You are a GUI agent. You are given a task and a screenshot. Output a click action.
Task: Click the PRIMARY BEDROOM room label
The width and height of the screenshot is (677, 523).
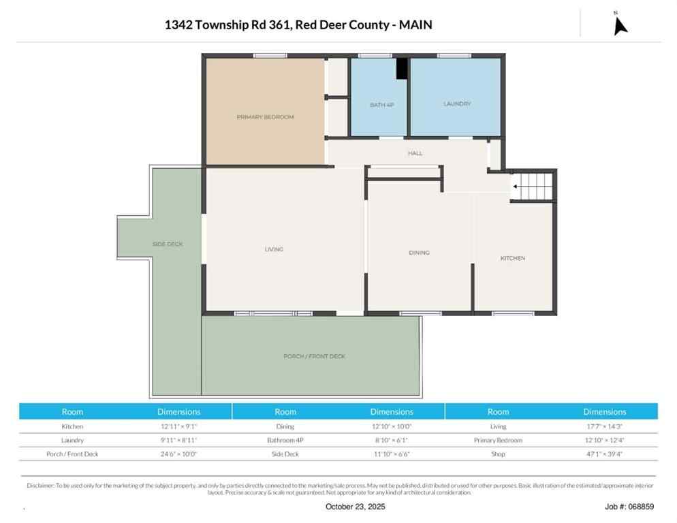[x=265, y=117]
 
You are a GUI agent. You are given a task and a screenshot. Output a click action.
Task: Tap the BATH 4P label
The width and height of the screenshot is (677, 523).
[x=381, y=105]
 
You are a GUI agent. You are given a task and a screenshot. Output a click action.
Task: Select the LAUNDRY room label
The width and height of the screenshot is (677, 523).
[x=457, y=104]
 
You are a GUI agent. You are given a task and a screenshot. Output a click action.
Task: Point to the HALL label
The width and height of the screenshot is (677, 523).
[x=415, y=153]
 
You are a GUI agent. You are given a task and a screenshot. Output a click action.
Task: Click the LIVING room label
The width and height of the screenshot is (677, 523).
[x=274, y=249]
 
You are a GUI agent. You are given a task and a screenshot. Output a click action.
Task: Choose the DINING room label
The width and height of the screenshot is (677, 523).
[x=419, y=253]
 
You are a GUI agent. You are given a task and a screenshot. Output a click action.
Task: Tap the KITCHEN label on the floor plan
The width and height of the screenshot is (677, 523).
[x=512, y=258]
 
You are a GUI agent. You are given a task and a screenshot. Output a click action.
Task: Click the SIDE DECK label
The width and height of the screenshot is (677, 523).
[x=168, y=244]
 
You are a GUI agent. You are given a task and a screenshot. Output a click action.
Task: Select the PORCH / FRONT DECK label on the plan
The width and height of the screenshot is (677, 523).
[x=314, y=356]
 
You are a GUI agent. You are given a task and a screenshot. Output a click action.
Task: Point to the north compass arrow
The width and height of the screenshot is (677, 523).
[x=619, y=24]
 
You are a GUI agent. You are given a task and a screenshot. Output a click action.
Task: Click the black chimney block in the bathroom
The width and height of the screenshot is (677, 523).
[x=402, y=68]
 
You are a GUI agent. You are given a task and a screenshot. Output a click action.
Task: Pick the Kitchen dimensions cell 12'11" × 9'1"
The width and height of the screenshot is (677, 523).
[x=178, y=426]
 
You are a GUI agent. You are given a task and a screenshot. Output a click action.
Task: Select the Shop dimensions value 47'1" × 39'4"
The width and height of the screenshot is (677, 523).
[x=604, y=454]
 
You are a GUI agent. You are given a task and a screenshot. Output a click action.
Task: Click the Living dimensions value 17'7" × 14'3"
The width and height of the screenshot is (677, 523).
[x=604, y=426]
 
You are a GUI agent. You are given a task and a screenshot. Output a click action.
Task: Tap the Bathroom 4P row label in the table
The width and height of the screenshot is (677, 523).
[x=285, y=440]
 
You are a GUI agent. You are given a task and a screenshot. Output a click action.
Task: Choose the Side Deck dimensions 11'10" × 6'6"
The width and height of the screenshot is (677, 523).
[x=391, y=454]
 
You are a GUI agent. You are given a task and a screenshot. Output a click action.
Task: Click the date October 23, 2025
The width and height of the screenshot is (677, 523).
[x=355, y=507]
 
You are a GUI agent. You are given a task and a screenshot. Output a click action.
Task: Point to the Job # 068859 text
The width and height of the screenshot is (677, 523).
[x=629, y=507]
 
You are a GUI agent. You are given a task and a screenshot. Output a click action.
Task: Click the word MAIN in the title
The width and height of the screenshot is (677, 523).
[x=415, y=25]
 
